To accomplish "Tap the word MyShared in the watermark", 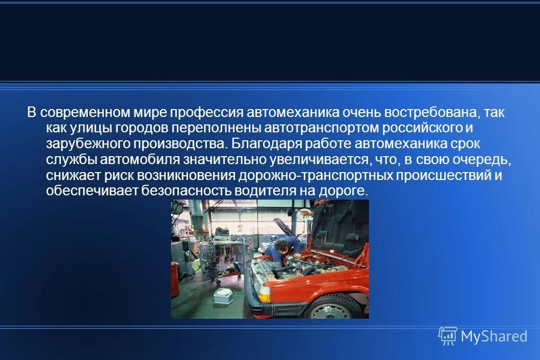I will pyautogui.click(x=494, y=336).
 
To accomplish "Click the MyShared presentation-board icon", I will pyautogui.click(x=447, y=336).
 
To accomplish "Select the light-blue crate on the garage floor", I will pyautogui.click(x=223, y=295).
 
